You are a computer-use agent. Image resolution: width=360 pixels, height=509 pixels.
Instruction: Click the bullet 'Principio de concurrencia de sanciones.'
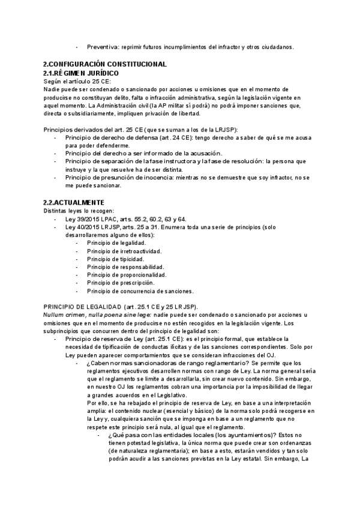(140, 291)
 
